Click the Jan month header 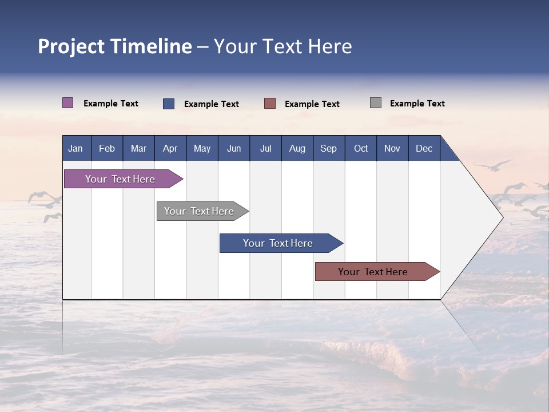(75, 148)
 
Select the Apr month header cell (170, 148)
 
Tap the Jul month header (265, 148)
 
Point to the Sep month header (328, 148)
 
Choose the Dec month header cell (424, 148)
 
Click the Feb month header (107, 148)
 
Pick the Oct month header (361, 148)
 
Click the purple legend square (67, 103)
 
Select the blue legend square (169, 104)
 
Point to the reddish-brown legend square (270, 104)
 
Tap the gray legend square (376, 103)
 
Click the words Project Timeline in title (115, 46)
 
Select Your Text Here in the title (283, 46)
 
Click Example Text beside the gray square (417, 104)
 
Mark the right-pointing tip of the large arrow (502, 217)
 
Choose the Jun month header (234, 148)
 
